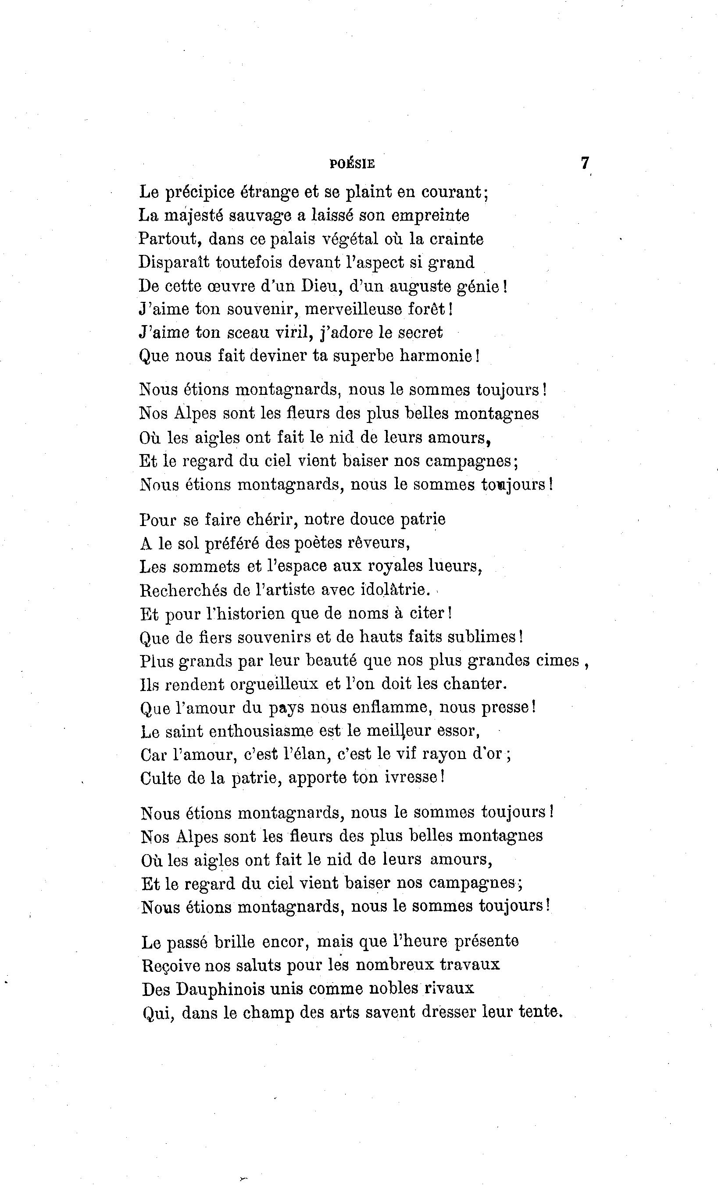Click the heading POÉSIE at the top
coord(352,164)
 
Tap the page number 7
coord(584,163)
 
